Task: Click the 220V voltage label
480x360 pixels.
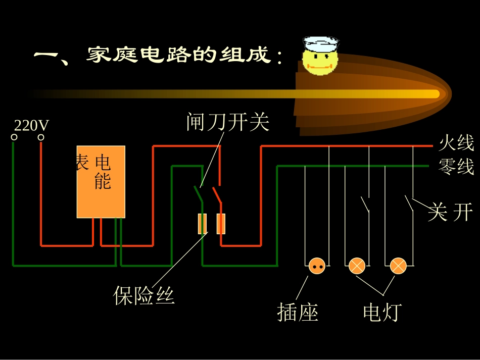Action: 31,125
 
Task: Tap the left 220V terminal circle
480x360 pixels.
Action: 15,137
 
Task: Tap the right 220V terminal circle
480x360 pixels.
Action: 41,137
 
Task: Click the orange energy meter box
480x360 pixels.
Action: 101,182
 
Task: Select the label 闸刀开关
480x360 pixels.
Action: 228,122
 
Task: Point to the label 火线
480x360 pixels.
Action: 456,143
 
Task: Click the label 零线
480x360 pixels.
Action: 456,166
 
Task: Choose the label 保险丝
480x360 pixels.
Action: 144,296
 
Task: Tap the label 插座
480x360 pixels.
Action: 298,313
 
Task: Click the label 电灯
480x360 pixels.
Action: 382,313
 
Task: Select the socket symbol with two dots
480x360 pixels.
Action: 317,266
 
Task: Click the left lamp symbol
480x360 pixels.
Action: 357,266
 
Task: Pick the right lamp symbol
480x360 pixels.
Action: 398,266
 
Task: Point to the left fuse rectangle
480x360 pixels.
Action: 202,224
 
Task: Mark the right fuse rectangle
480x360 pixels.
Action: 221,224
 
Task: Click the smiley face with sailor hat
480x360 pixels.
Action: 319,57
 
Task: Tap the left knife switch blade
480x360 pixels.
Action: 198,194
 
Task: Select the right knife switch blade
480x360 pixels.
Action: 217,194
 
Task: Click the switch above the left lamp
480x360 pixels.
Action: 365,204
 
